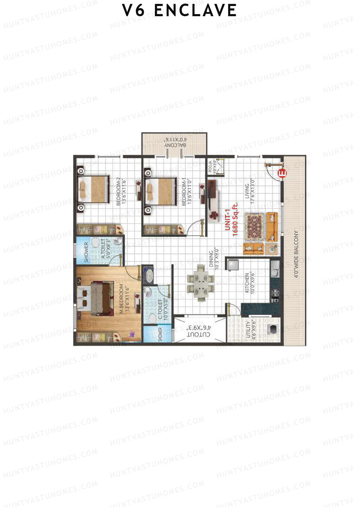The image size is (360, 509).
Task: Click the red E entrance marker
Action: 282,173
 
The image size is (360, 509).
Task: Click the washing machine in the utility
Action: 273,329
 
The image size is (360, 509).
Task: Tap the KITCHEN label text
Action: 247,283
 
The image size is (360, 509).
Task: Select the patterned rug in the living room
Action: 254,227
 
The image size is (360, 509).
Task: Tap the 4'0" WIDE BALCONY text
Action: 296,254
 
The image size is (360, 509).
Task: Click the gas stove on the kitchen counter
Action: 275,295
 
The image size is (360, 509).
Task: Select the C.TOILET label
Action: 160,309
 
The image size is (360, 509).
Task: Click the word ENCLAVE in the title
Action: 195,10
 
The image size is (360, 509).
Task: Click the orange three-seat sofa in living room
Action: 272,227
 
